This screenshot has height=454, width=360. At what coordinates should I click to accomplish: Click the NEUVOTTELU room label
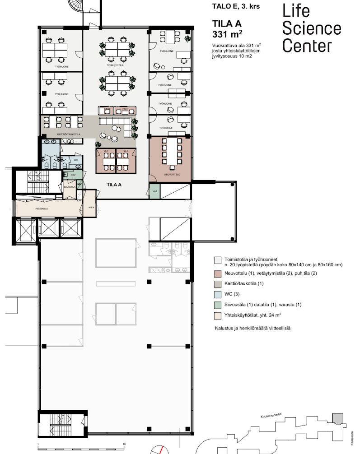(171, 174)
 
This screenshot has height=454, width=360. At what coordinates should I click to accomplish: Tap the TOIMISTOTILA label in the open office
(115, 65)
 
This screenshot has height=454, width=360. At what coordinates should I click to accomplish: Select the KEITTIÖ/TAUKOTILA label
(69, 134)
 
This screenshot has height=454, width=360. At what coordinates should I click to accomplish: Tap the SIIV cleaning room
(73, 174)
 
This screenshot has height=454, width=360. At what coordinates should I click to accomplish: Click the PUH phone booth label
(125, 109)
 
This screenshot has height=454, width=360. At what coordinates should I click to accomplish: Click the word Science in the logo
(312, 28)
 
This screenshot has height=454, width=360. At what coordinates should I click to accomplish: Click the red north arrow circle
(158, 449)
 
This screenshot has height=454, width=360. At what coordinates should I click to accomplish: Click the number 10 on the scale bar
(124, 445)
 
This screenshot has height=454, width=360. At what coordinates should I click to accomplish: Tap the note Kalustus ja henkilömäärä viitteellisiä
(252, 329)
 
